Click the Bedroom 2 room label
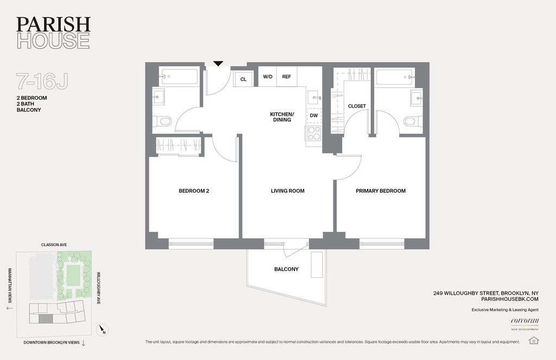click(194, 191)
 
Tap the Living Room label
click(288, 191)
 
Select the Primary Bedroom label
click(381, 191)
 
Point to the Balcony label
click(286, 269)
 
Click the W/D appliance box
click(267, 77)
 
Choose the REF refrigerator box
click(287, 77)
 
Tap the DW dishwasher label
click(314, 116)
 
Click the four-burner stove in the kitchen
click(314, 134)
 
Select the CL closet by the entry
click(243, 79)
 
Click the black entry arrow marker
click(218, 64)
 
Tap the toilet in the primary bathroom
click(412, 122)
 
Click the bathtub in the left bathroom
click(179, 77)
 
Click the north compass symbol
click(103, 330)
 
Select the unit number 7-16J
click(42, 81)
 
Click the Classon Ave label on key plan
click(54, 245)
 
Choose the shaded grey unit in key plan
click(46, 319)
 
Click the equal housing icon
click(533, 340)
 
